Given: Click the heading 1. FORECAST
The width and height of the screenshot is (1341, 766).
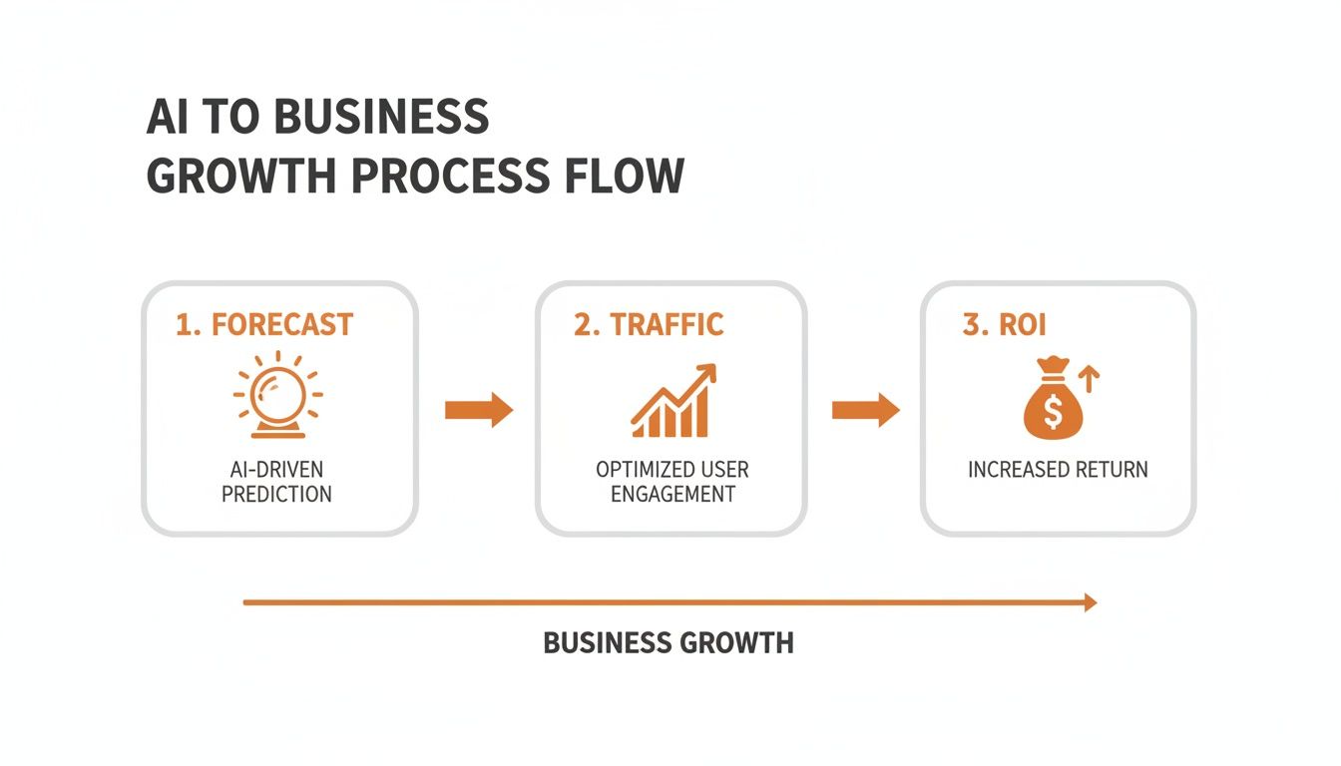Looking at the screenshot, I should coord(264,324).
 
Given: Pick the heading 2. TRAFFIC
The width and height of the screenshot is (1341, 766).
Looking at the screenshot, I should coord(649,324).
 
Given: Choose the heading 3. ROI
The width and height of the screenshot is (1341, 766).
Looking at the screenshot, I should coord(1004,325).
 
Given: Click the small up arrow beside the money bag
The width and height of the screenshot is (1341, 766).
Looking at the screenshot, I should coord(1090,377).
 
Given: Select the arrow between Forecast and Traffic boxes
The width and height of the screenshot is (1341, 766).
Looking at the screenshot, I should coord(478,410).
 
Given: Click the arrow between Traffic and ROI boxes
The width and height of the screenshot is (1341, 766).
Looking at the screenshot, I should coord(865,410).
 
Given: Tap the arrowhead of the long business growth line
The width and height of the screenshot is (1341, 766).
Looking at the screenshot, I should coord(1091,602).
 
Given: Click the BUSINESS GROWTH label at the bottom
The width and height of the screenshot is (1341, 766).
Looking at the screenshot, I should coord(669,643).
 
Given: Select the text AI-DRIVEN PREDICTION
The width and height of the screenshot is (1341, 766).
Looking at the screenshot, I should coord(276,481).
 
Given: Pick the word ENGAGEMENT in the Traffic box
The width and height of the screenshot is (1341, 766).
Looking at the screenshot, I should coord(672,493).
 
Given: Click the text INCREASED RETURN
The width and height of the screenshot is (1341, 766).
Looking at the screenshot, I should coord(1058,469).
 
